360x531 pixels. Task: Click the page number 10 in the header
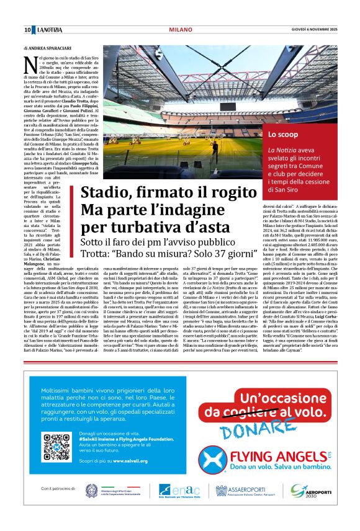coord(28,30)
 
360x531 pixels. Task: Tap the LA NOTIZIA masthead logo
coord(50,30)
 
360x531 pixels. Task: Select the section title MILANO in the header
coord(180,30)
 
